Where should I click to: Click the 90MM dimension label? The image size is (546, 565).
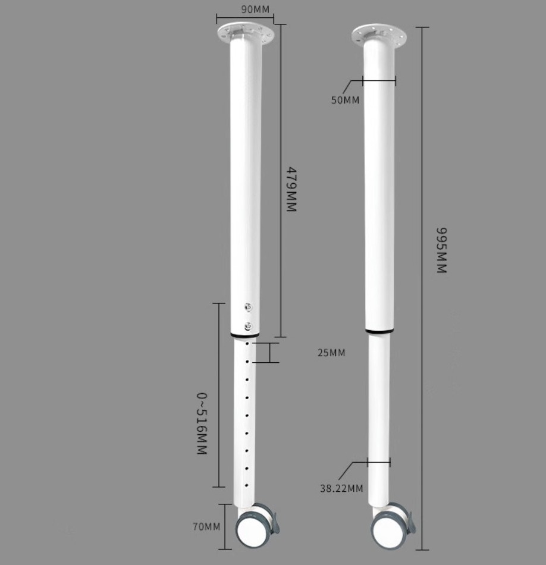click(x=255, y=9)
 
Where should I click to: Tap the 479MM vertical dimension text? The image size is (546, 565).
click(x=291, y=189)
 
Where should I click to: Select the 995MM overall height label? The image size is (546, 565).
click(x=441, y=250)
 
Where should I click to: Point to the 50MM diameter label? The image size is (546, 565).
click(x=345, y=100)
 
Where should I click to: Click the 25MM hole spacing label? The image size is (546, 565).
click(x=331, y=353)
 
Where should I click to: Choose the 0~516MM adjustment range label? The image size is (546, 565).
click(x=202, y=423)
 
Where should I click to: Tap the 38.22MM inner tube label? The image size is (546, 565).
click(x=341, y=488)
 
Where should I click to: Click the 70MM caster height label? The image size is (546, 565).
click(x=206, y=526)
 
